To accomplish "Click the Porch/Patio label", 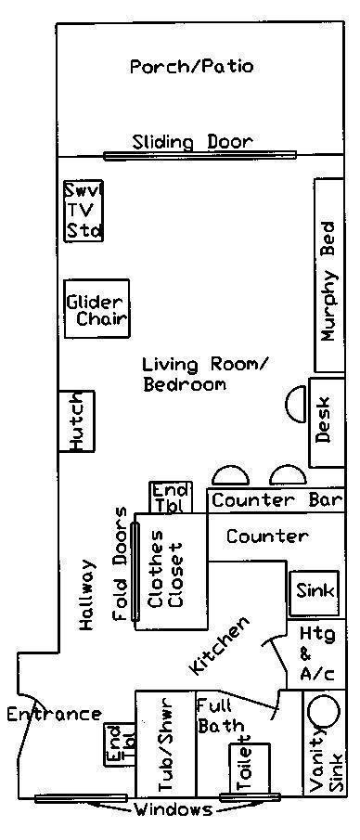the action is [192, 68].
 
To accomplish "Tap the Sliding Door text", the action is [192, 142].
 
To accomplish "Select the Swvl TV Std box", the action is [84, 211].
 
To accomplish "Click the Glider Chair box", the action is [97, 308].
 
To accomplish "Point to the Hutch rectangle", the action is [76, 421].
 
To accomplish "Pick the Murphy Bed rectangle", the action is [329, 276].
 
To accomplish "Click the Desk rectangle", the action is [327, 422].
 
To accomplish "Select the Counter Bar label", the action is [277, 500].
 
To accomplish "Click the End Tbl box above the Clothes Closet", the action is [170, 498].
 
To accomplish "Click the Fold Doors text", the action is [121, 563].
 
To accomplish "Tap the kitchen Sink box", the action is [315, 593].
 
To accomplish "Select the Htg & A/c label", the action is [316, 653].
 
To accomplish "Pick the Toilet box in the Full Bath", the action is [249, 769].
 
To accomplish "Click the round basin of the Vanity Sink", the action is [324, 711].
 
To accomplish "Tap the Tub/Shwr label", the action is [164, 744].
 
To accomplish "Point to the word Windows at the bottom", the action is [173, 809].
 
